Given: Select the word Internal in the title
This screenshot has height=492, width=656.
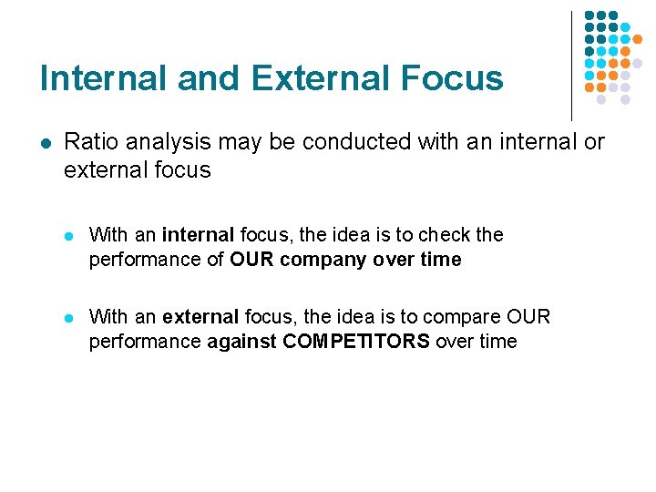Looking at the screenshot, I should [x=104, y=78].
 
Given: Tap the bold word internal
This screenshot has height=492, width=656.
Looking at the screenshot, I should [x=199, y=235].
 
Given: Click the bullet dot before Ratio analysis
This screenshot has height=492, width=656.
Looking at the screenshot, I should [x=45, y=143].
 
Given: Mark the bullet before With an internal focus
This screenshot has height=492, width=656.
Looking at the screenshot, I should [x=70, y=235].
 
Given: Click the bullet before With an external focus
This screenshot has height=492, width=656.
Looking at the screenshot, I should [x=70, y=317].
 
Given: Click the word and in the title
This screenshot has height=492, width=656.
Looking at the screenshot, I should [x=210, y=78].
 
